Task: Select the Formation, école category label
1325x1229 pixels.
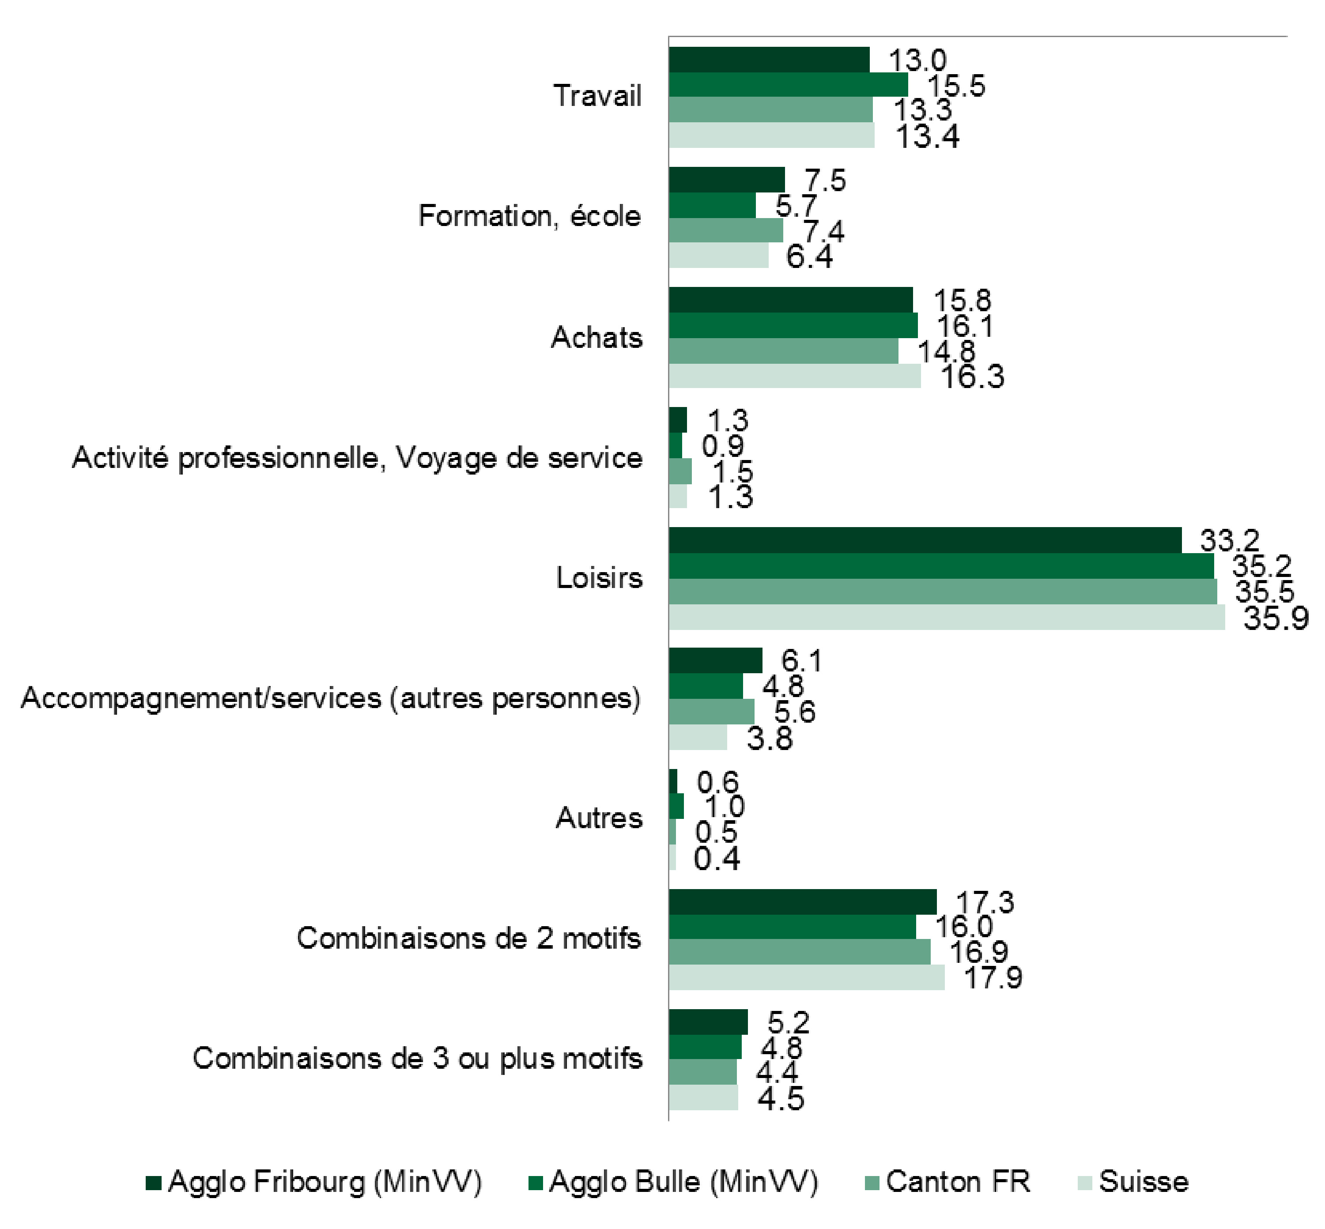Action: coord(529,216)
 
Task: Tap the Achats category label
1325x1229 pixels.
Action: coord(596,337)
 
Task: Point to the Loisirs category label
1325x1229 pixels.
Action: coord(599,577)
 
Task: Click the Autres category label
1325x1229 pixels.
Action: coord(599,817)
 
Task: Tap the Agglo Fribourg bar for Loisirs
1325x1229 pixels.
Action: coord(925,540)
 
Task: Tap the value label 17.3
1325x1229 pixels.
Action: coord(985,902)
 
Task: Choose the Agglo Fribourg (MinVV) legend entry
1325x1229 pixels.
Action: coord(314,1182)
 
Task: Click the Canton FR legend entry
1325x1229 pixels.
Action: coord(948,1182)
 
